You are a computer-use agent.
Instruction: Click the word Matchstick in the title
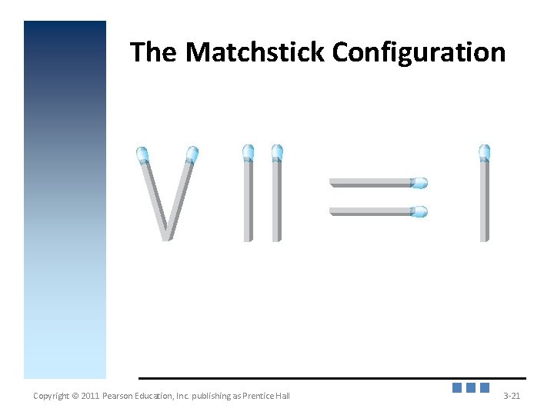(255, 53)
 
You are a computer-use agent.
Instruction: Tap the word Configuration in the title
(419, 53)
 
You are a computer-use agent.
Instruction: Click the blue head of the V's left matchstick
(142, 154)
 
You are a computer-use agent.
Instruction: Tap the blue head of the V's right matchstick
(192, 154)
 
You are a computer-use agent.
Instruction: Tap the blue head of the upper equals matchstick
(419, 183)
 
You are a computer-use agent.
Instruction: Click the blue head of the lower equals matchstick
(419, 211)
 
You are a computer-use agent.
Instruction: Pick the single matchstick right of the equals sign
(484, 200)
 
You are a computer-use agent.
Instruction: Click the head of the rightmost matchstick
(484, 152)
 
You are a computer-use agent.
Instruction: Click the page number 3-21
(511, 397)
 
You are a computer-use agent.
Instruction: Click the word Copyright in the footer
(51, 397)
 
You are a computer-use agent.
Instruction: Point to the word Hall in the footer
(282, 397)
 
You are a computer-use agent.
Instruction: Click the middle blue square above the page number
(471, 388)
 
